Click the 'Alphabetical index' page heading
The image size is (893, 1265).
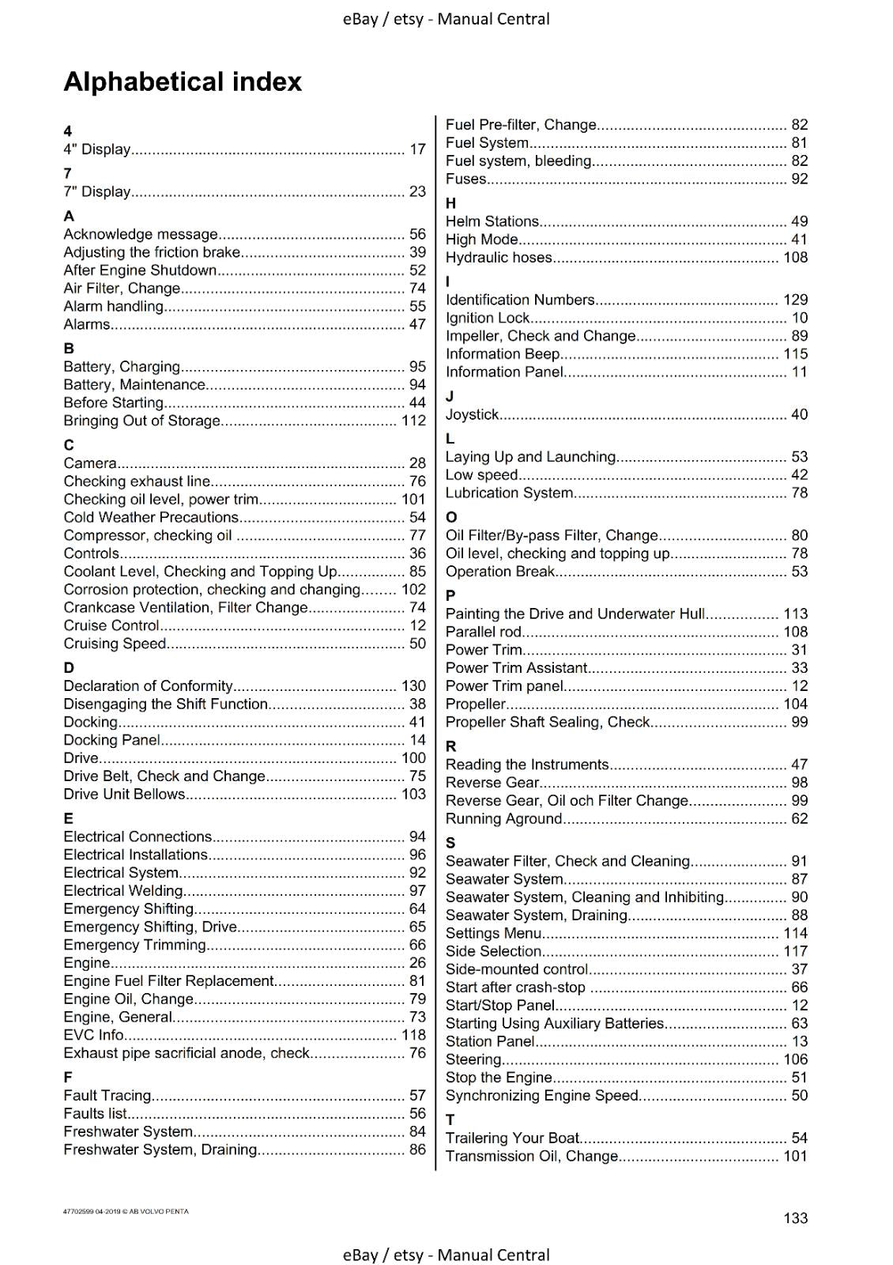coord(183,82)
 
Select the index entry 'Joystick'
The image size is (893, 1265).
coord(472,414)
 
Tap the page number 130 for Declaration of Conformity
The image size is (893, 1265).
coord(413,686)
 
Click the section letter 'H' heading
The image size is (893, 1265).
coord(450,203)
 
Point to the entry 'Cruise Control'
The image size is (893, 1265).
coord(111,625)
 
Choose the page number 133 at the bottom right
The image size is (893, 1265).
coord(795,1218)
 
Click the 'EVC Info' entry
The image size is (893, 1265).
coord(93,1035)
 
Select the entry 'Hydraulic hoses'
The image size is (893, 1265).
coord(499,257)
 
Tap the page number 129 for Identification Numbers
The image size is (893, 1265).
coord(795,300)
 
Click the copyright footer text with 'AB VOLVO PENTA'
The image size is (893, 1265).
coord(126,1211)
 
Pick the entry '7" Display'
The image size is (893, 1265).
coord(96,191)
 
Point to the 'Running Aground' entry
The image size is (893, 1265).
coord(503,818)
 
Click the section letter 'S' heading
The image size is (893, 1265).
coord(450,842)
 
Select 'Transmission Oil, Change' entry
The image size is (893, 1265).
coord(532,1156)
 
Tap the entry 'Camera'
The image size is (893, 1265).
coord(90,463)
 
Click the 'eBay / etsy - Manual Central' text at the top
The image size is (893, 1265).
coord(446,19)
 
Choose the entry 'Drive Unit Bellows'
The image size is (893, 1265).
coord(124,794)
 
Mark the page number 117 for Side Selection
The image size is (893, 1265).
coord(795,951)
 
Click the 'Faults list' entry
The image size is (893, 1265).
coord(95,1113)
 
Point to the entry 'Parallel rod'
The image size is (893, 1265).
coord(484,632)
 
